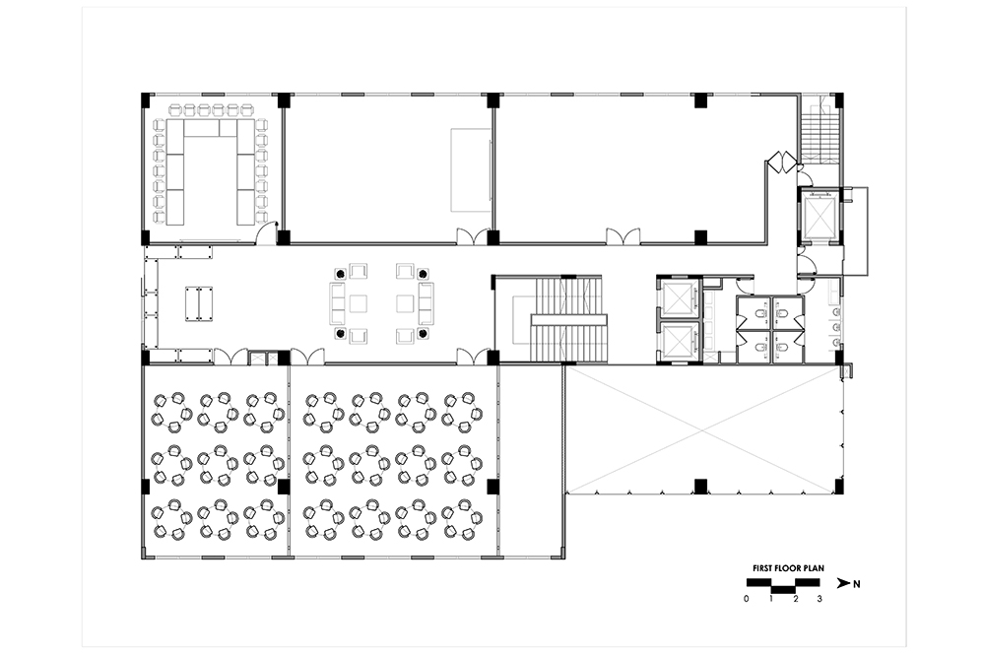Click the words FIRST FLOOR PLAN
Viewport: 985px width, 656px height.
(x=788, y=568)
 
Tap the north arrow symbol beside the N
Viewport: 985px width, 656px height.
(x=843, y=584)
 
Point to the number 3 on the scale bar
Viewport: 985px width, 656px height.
(x=820, y=599)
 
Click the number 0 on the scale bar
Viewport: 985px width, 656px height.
(x=747, y=599)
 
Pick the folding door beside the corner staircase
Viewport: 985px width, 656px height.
(x=781, y=161)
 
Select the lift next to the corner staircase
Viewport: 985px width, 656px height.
(x=820, y=214)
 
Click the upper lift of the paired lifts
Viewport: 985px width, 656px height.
(x=678, y=297)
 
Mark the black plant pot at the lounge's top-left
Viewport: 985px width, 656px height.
(x=341, y=274)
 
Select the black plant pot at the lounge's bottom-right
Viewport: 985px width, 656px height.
(x=424, y=333)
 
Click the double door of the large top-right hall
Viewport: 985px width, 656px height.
(x=622, y=235)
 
